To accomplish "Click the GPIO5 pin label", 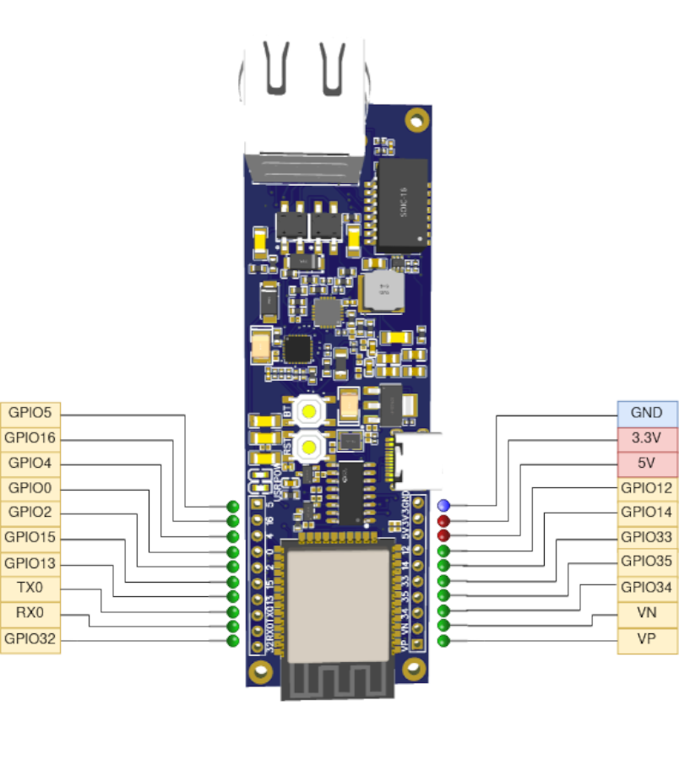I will click(x=30, y=414).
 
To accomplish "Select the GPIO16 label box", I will click(x=30, y=438).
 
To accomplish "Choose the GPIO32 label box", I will click(x=30, y=639).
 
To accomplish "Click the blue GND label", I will click(x=647, y=414).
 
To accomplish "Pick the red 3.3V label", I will click(x=647, y=438).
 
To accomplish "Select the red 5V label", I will click(x=647, y=464).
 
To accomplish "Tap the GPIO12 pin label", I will click(x=647, y=488).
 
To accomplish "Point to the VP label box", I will click(x=647, y=639).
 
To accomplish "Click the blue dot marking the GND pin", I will click(x=443, y=506).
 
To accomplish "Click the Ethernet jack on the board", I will click(x=304, y=110).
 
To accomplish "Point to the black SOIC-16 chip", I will click(x=400, y=205).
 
